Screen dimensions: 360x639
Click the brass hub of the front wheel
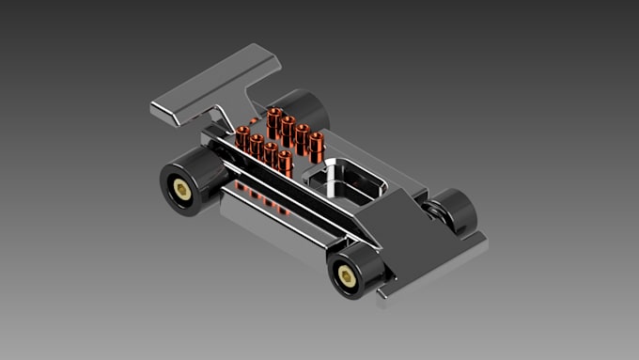point(347,274)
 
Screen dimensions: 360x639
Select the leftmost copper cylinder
point(242,138)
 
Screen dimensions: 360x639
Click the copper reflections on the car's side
point(262,199)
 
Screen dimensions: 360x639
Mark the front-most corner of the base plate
point(383,301)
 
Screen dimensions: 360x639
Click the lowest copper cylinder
point(285,162)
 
